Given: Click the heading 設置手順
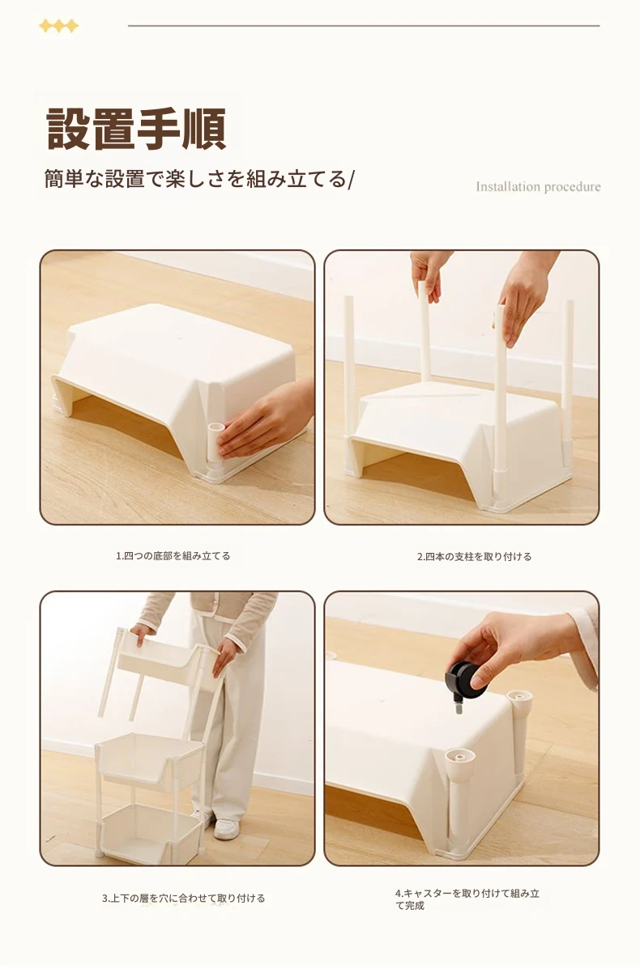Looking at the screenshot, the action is click(136, 129).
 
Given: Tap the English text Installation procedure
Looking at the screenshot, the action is click(538, 187).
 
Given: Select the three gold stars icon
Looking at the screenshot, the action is click(59, 26).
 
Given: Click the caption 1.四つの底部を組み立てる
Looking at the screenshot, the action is click(173, 555).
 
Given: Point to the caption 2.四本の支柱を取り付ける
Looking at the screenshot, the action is click(474, 556).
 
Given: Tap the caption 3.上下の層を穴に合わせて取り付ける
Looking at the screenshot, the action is click(183, 898).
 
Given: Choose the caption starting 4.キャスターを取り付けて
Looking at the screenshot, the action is click(467, 899).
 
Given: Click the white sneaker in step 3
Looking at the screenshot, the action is click(226, 828).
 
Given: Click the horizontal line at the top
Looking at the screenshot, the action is click(364, 26).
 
